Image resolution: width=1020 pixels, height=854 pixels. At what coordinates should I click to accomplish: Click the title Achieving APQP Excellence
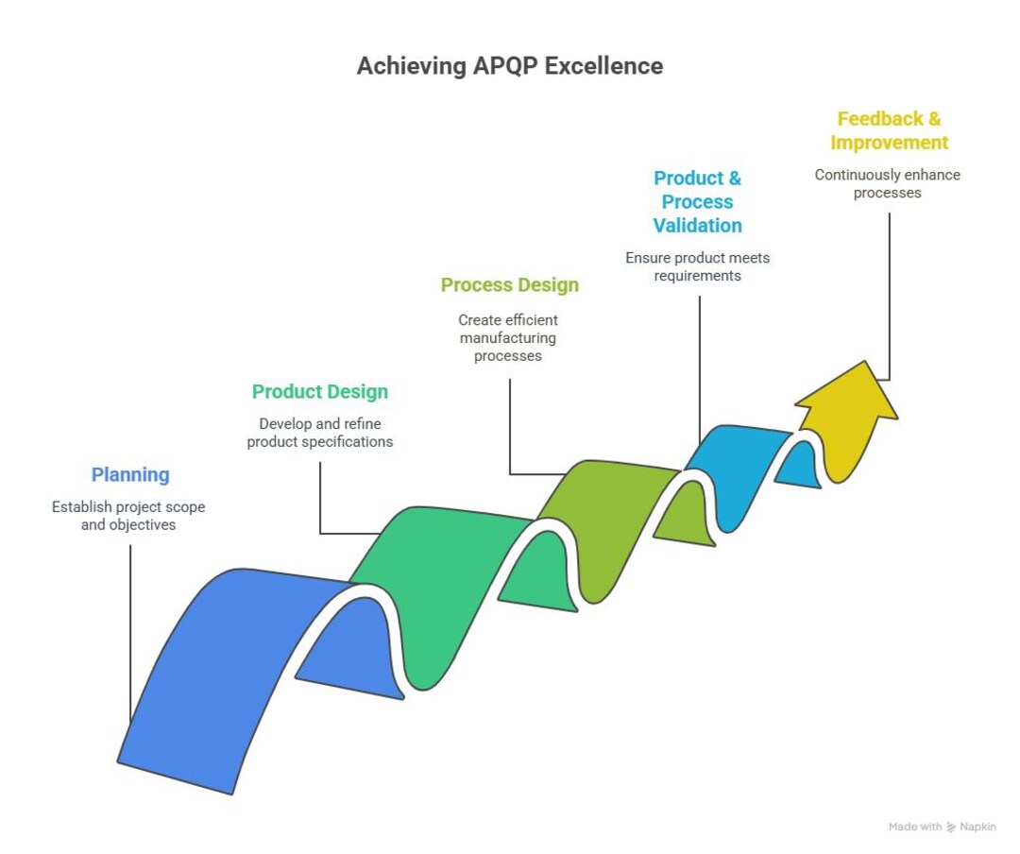(509, 66)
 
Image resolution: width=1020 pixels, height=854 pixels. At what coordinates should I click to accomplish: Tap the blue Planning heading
(130, 475)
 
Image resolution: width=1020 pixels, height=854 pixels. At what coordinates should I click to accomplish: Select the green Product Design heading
(319, 392)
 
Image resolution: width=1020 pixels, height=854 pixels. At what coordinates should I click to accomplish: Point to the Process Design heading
(509, 285)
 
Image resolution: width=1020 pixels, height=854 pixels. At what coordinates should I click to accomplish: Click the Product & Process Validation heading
(697, 202)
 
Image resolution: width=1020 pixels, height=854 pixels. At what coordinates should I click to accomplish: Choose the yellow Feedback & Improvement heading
(889, 131)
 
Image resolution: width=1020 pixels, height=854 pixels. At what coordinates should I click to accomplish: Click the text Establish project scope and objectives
(128, 516)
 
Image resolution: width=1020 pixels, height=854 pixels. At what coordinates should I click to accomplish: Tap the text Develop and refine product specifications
(319, 433)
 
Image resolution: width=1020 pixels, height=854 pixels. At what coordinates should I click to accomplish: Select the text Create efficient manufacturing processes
(508, 338)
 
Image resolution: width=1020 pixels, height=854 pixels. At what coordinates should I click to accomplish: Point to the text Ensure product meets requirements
(697, 266)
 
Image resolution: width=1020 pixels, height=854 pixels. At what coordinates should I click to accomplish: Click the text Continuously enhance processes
(887, 183)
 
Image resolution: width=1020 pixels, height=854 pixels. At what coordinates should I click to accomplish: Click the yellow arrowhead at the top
(847, 397)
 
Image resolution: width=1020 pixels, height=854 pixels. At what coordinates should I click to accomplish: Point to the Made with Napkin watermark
(942, 827)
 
